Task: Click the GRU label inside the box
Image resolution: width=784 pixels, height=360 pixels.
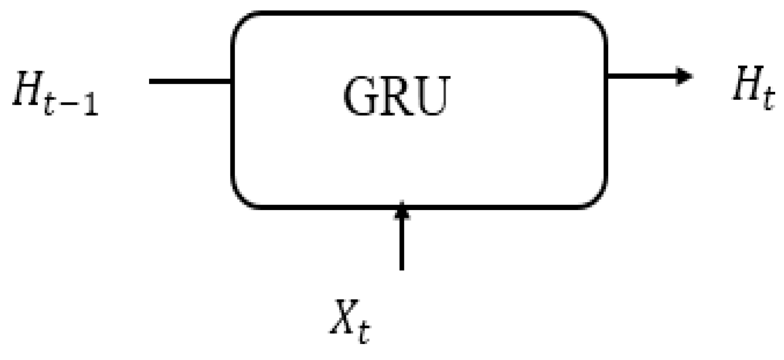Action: point(396,96)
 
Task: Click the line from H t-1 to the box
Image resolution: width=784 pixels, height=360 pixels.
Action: point(190,81)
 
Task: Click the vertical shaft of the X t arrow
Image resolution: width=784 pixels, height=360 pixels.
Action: point(401,244)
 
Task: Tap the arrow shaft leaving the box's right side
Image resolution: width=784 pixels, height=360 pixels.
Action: point(640,76)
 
